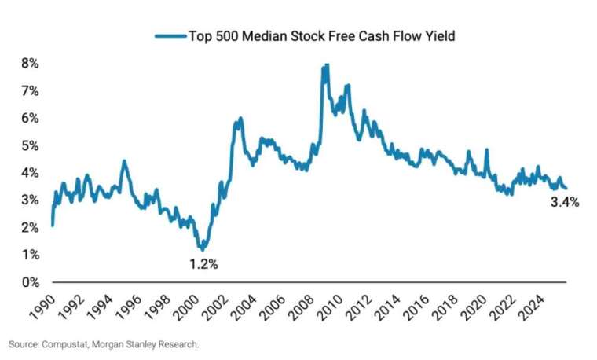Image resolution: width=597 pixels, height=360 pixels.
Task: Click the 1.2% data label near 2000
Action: coord(203,264)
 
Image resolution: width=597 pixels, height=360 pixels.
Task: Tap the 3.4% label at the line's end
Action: coord(564,202)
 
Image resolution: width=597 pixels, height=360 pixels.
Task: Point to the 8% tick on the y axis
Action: coord(31,63)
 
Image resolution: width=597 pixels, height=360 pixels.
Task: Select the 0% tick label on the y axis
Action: coord(31,281)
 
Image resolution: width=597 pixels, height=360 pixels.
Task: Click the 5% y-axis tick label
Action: coord(31,145)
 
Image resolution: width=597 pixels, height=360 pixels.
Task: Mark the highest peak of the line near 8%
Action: coord(325,66)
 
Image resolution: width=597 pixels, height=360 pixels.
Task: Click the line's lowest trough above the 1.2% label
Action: coord(203,248)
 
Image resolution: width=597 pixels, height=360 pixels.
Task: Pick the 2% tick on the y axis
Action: coord(31,227)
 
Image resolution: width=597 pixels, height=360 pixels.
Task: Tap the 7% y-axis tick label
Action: coord(31,90)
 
